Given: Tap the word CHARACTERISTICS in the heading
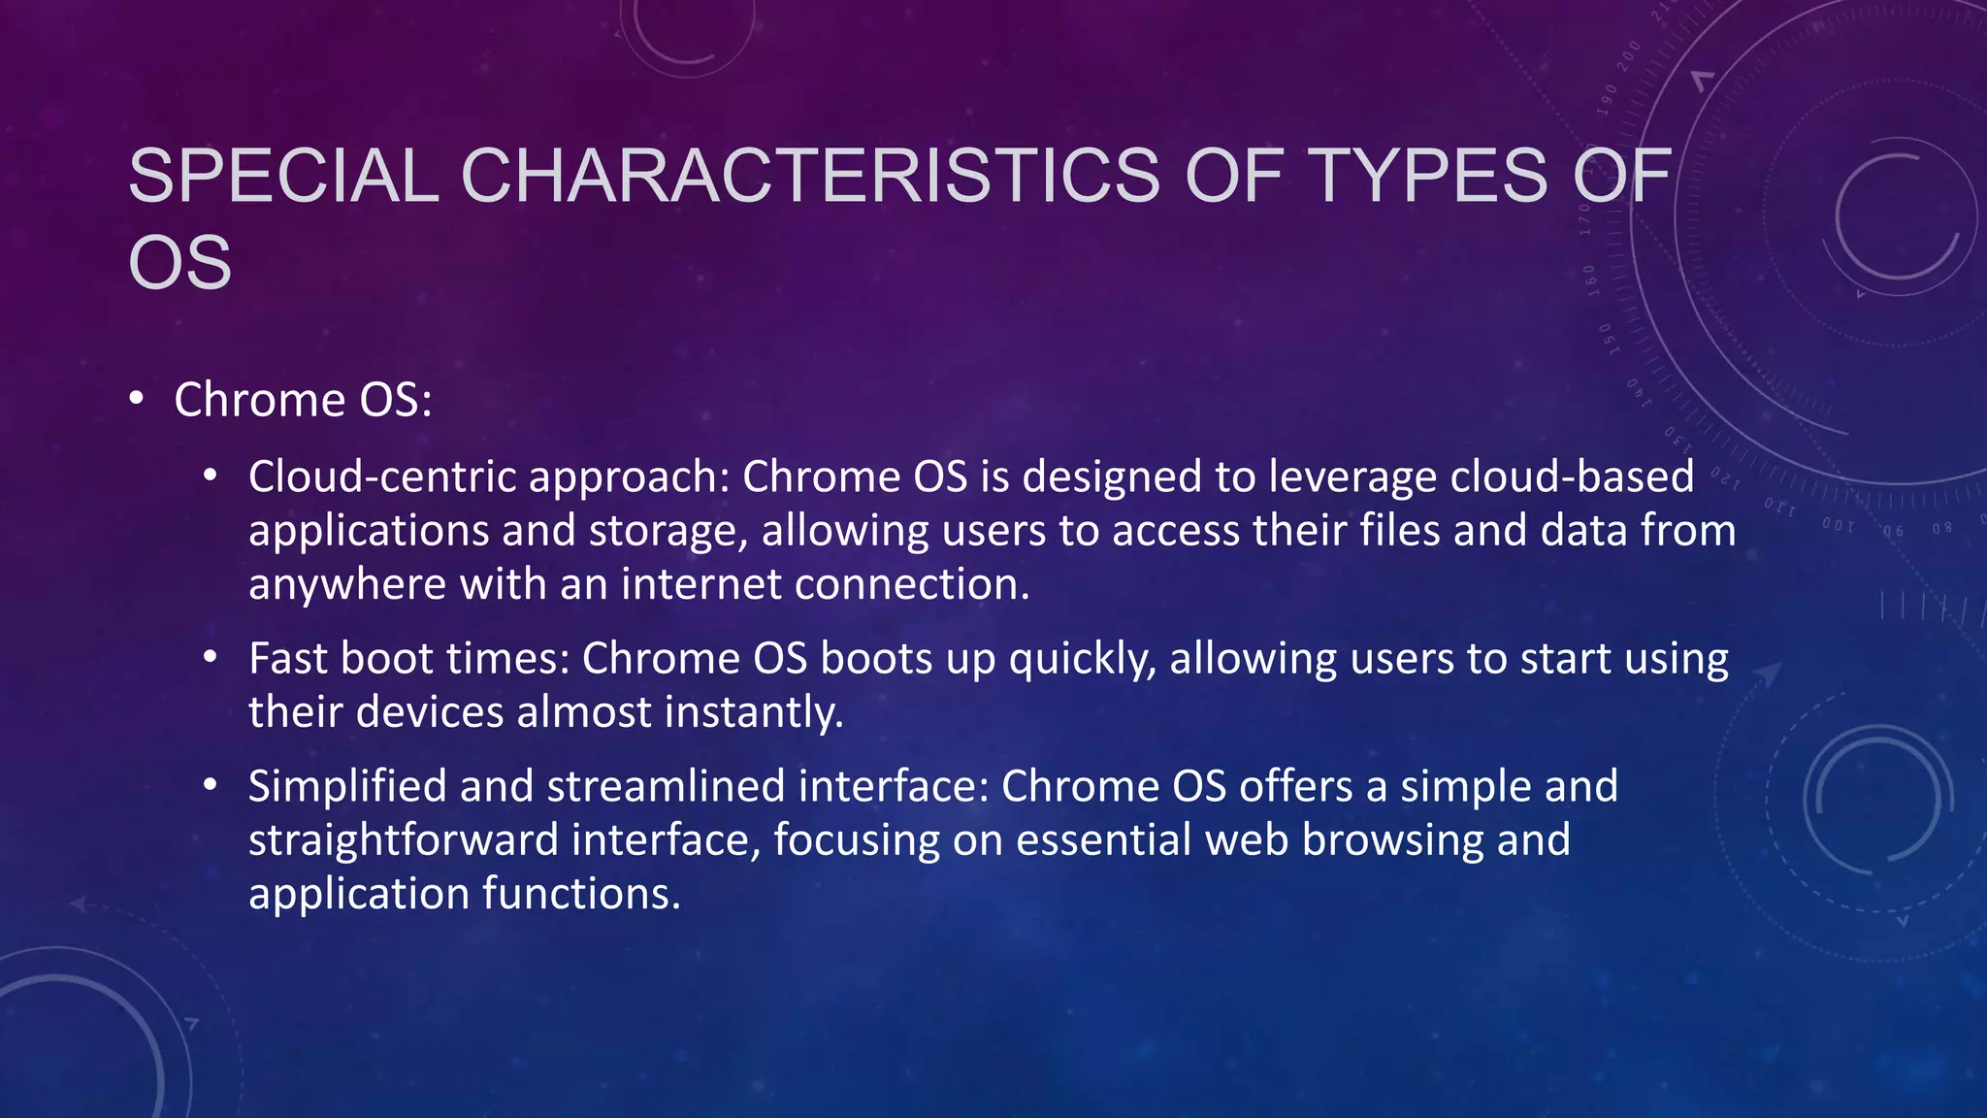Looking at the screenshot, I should point(810,177).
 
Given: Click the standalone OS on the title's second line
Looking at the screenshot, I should point(180,263).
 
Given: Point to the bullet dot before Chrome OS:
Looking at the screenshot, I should point(137,399).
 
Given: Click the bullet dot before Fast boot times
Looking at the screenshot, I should point(211,657).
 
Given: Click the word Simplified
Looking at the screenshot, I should point(346,786).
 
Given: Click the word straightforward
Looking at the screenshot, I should point(403,840).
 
